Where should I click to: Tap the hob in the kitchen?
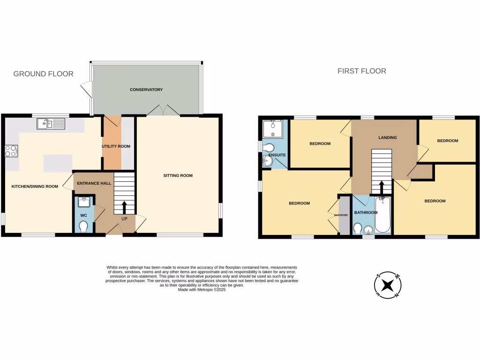coord(11,151)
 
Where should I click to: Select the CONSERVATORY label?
coord(147,90)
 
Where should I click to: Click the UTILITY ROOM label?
coord(116,146)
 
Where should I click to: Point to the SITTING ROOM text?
coord(178,176)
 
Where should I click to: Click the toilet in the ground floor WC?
coord(84,227)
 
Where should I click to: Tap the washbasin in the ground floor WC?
coord(84,202)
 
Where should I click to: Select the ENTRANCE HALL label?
coord(94,183)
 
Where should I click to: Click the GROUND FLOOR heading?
coord(43,74)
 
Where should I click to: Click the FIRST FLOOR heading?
coord(362,71)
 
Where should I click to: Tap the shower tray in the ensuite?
coord(272,127)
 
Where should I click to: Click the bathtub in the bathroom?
coord(382,216)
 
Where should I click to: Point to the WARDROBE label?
coord(341,216)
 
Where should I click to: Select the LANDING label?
coord(388,138)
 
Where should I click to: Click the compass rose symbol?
coord(388,285)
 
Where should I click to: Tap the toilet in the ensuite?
coord(269,148)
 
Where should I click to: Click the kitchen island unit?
coord(58,163)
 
